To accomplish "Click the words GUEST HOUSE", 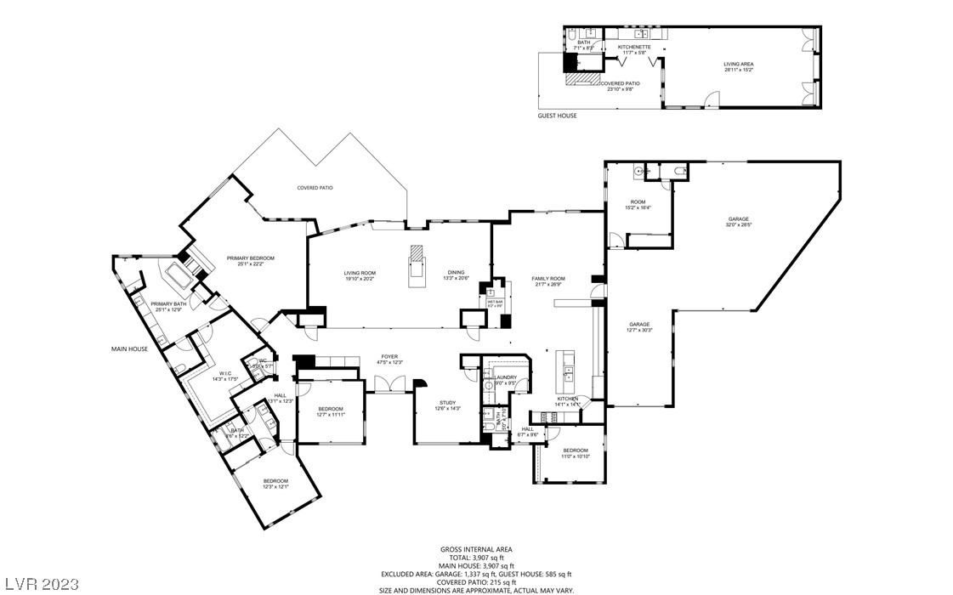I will click(557, 116).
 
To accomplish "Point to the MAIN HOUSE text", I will click(130, 348).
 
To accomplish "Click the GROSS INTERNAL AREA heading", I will click(476, 549).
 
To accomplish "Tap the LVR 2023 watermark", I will click(41, 584).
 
